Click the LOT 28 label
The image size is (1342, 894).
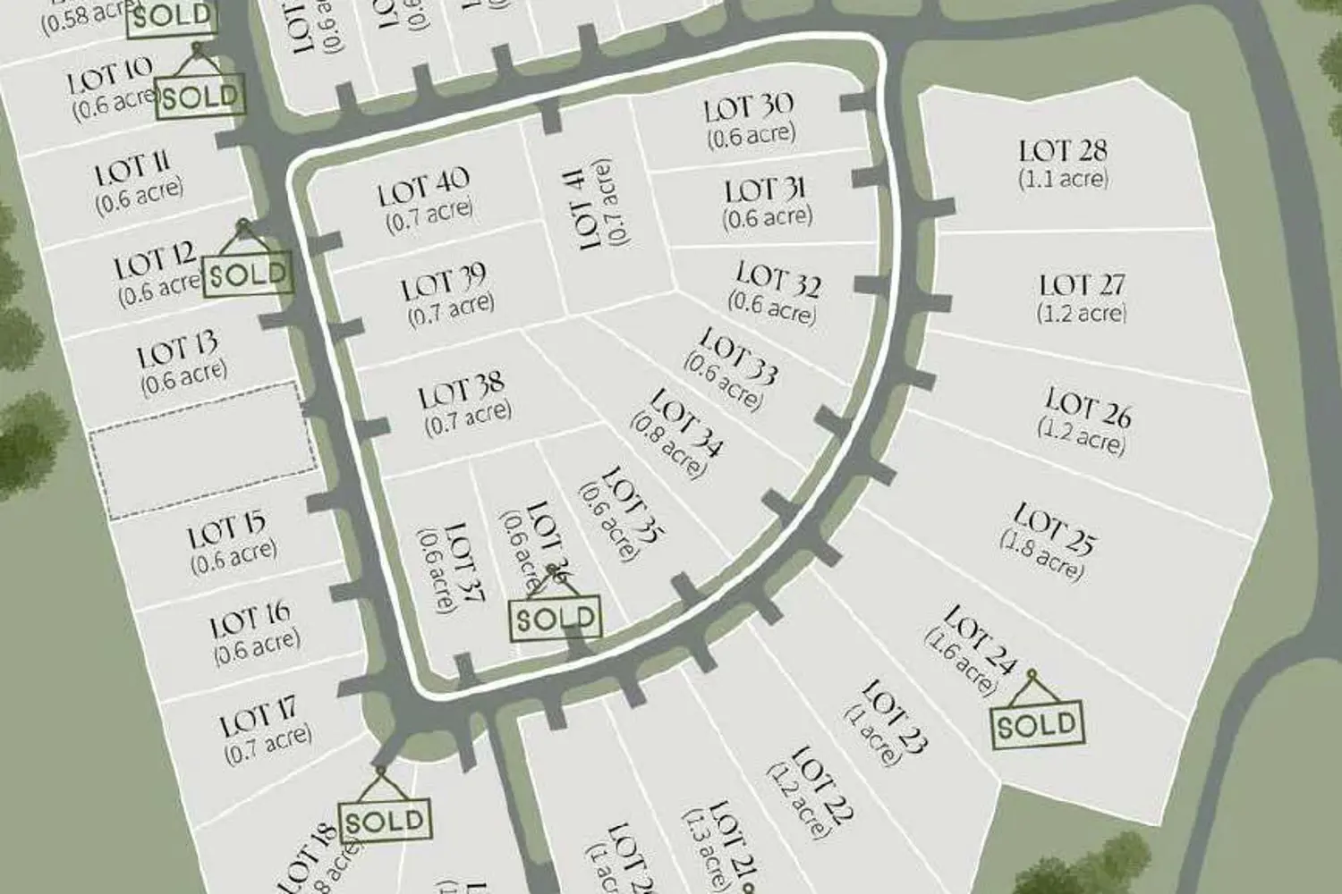(1063, 150)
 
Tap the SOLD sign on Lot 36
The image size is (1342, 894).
(556, 619)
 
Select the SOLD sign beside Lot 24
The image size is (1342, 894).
(1038, 724)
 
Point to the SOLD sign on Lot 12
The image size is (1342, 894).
(248, 274)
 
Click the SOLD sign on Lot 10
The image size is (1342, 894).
(200, 96)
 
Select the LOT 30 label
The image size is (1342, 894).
(748, 108)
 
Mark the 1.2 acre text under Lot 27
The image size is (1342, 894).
(1082, 314)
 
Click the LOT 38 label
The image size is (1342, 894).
(462, 392)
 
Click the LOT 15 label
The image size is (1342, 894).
(225, 533)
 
